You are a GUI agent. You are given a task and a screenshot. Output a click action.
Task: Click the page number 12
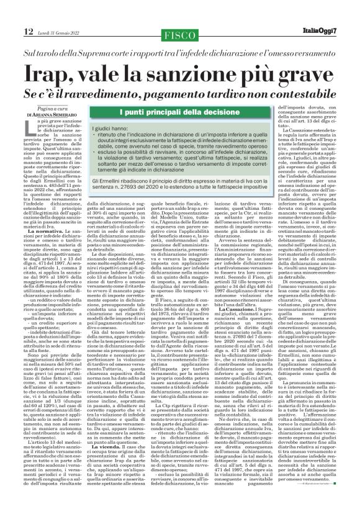point(11,12)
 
